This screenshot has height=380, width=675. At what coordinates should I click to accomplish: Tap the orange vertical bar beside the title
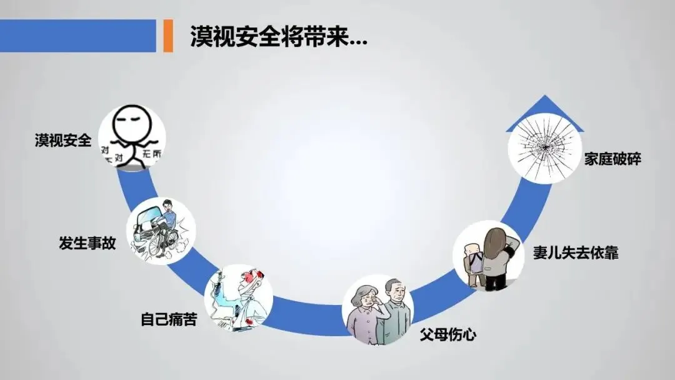pos(167,36)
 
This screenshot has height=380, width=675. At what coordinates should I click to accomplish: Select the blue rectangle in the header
pos(77,36)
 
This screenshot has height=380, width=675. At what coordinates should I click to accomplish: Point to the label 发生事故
pos(87,243)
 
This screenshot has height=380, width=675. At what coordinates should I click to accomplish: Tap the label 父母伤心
pos(447,334)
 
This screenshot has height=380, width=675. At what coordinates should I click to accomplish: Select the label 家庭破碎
pos(612,159)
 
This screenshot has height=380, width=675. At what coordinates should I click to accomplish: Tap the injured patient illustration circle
pos(238,297)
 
